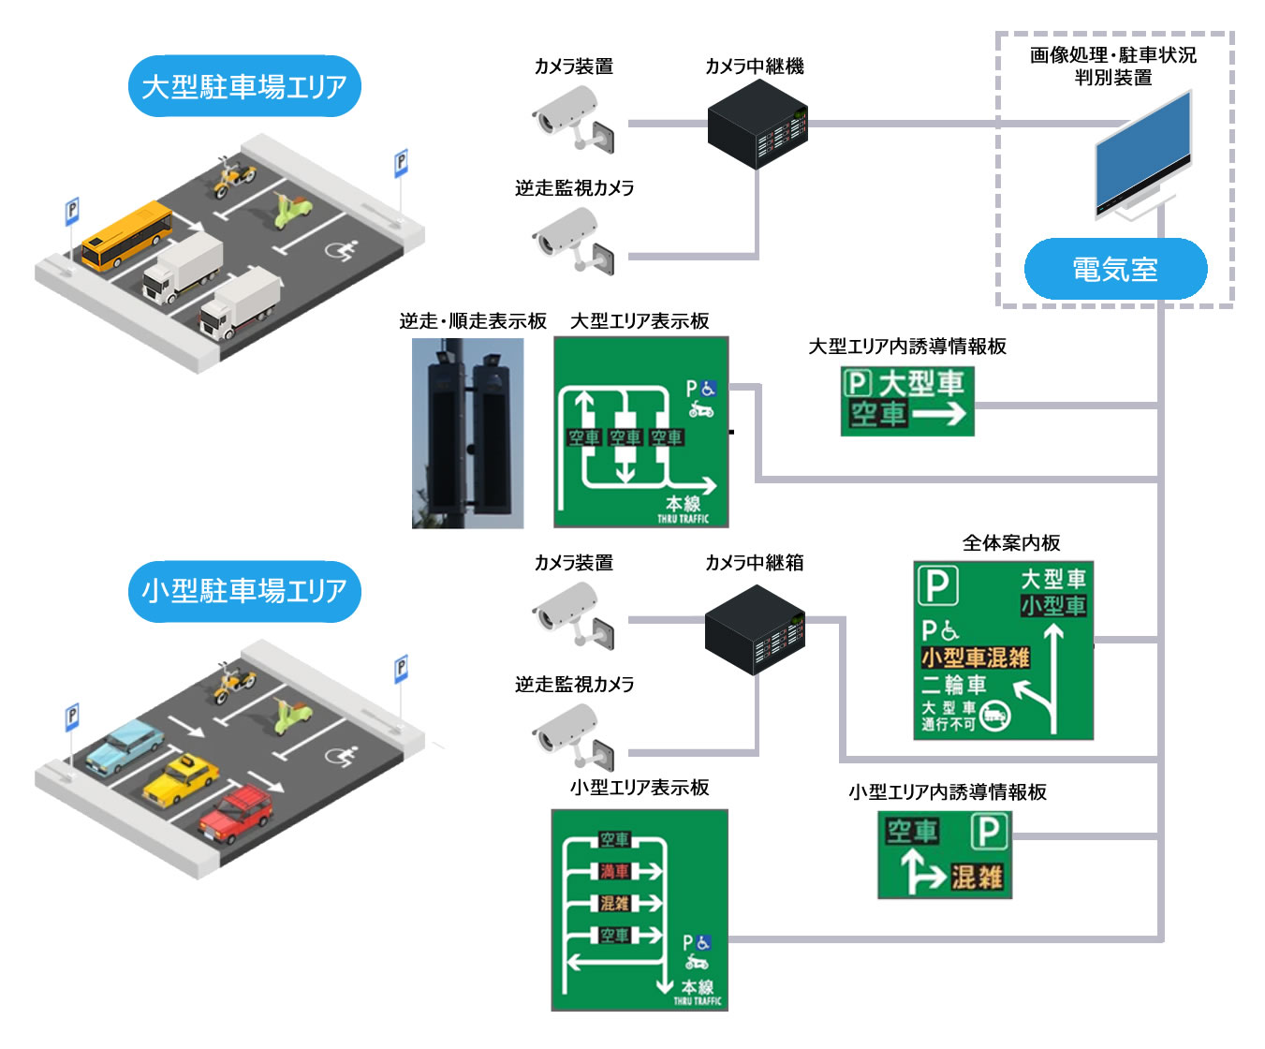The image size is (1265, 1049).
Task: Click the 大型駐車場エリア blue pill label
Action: tap(244, 86)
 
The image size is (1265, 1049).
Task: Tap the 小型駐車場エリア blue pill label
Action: tap(244, 591)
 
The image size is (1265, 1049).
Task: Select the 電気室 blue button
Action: tap(1115, 270)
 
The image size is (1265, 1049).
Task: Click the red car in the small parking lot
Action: tap(236, 812)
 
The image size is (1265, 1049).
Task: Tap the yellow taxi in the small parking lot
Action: tap(181, 779)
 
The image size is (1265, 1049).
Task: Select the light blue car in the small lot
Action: tap(125, 747)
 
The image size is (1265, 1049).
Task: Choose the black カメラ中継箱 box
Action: tap(755, 628)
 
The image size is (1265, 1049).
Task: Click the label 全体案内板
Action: tap(1011, 543)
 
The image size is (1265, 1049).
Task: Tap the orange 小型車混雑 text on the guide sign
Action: tap(975, 657)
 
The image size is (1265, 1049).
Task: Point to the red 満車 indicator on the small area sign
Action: tap(615, 872)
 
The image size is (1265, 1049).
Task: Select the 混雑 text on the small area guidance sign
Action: tap(977, 878)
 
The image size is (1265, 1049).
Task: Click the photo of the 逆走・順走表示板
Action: tap(467, 433)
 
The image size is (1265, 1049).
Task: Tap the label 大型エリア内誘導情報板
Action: tap(907, 347)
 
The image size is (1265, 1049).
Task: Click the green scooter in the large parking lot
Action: tap(292, 211)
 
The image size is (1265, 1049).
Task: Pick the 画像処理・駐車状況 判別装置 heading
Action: tap(1113, 66)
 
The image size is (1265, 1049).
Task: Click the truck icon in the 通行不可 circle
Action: tap(994, 717)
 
